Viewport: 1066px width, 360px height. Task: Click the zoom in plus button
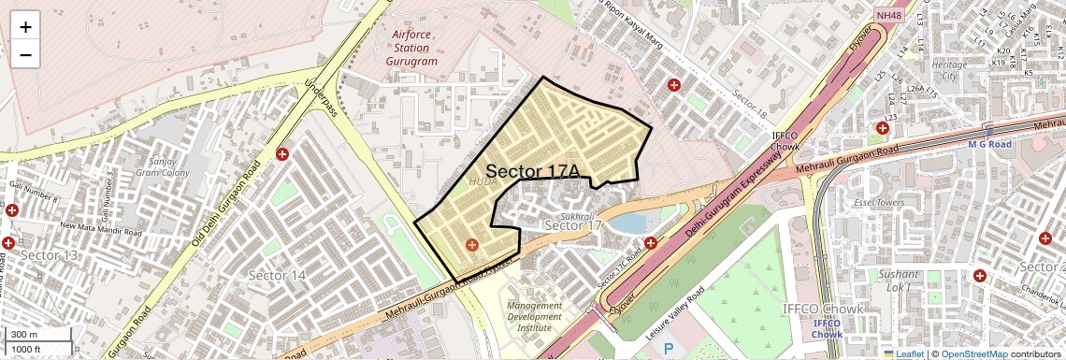pyautogui.click(x=25, y=27)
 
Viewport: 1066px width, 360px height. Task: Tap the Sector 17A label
pyautogui.click(x=533, y=171)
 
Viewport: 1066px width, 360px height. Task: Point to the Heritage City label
pyautogui.click(x=949, y=70)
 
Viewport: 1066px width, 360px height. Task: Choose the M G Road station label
pyautogui.click(x=990, y=144)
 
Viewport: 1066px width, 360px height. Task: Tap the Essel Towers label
pyautogui.click(x=878, y=201)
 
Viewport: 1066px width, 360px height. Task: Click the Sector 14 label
pyautogui.click(x=277, y=275)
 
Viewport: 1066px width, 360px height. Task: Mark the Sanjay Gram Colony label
pyautogui.click(x=162, y=166)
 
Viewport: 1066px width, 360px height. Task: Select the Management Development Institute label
pyautogui.click(x=535, y=316)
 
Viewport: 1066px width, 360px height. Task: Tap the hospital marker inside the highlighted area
pyautogui.click(x=471, y=245)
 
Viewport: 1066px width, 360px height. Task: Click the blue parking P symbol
pyautogui.click(x=669, y=349)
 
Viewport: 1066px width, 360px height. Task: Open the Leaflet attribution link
pyautogui.click(x=902, y=354)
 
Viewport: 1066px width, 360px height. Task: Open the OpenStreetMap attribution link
pyautogui.click(x=973, y=354)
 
